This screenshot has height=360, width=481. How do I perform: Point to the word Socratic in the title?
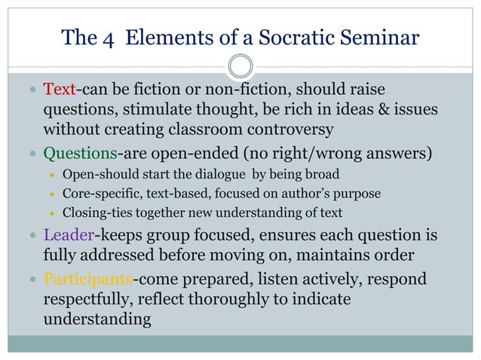tap(296, 38)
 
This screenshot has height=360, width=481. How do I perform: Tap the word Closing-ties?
tap(95, 212)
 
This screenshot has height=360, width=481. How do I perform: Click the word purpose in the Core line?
tap(360, 194)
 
